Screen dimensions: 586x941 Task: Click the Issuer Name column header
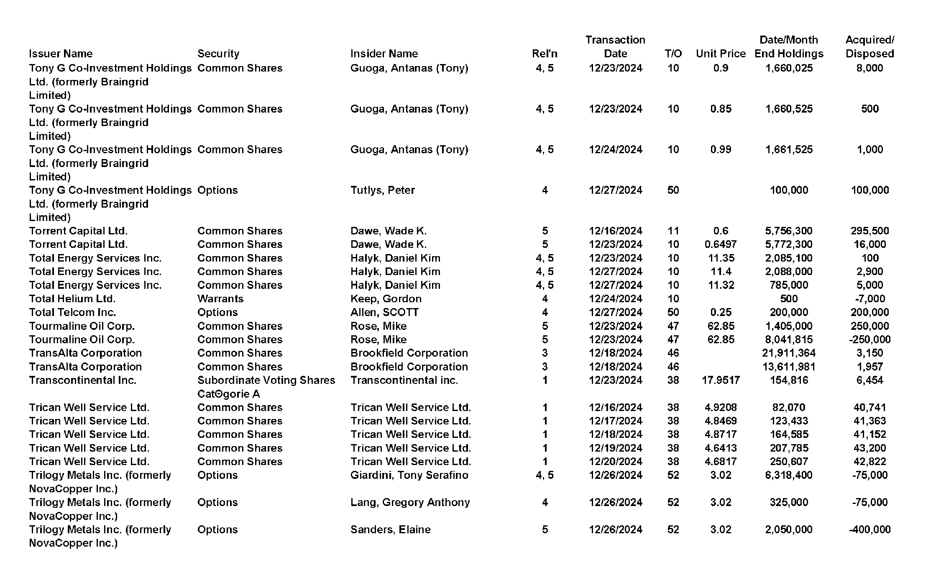click(x=61, y=54)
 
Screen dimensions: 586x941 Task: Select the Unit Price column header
click(x=721, y=54)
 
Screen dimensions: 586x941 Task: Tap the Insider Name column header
click(x=384, y=54)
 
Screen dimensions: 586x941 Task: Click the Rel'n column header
click(x=545, y=54)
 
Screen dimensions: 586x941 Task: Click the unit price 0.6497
click(x=721, y=244)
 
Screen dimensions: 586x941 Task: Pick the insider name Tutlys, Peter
click(x=382, y=190)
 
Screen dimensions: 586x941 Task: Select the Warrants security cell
click(x=220, y=299)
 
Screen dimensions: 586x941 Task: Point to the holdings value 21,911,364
click(x=789, y=353)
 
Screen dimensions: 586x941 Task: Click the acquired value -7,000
click(x=869, y=299)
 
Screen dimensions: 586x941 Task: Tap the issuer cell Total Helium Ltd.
click(x=72, y=299)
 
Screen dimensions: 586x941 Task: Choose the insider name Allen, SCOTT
click(x=384, y=312)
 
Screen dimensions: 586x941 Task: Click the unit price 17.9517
click(x=721, y=380)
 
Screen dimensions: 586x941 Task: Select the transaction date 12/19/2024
click(x=615, y=448)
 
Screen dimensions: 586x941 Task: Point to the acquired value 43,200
click(x=869, y=448)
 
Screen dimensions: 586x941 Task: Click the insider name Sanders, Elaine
click(x=390, y=529)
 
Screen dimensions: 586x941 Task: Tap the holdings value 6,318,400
click(x=789, y=475)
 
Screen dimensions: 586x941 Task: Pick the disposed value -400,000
click(x=869, y=529)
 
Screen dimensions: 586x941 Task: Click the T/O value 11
click(x=673, y=231)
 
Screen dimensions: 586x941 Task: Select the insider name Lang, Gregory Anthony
click(x=410, y=502)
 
